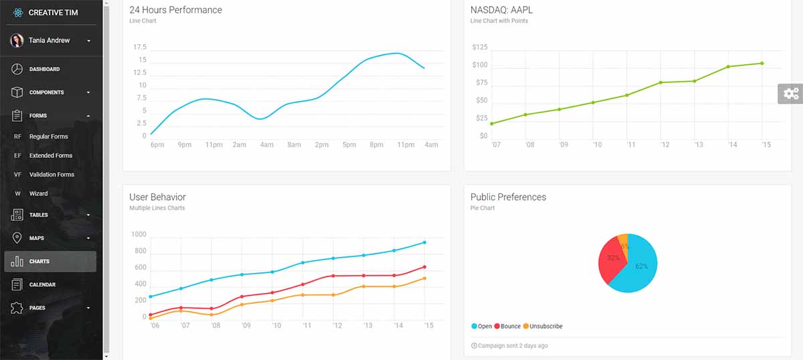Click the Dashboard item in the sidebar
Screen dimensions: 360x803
pos(44,69)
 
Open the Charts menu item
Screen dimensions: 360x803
pos(39,262)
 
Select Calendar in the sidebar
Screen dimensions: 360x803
pos(42,284)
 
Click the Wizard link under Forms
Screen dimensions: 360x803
pos(38,193)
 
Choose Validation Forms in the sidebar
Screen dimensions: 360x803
pos(52,175)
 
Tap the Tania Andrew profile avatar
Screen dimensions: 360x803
pos(17,41)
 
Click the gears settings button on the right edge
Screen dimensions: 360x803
pos(791,94)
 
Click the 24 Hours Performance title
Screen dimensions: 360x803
pos(175,10)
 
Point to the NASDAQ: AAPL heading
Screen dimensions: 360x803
pos(501,10)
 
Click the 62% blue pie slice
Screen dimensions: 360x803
pos(639,268)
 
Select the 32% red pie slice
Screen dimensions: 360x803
pos(610,260)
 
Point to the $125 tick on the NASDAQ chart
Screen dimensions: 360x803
pos(480,48)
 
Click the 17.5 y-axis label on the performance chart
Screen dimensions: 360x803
pos(140,48)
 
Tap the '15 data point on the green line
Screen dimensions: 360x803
pos(762,64)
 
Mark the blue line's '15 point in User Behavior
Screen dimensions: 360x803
pos(424,242)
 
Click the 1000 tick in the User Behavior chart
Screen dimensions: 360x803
pos(139,235)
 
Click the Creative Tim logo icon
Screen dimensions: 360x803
pos(17,12)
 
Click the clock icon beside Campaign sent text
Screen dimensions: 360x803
pos(474,346)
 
